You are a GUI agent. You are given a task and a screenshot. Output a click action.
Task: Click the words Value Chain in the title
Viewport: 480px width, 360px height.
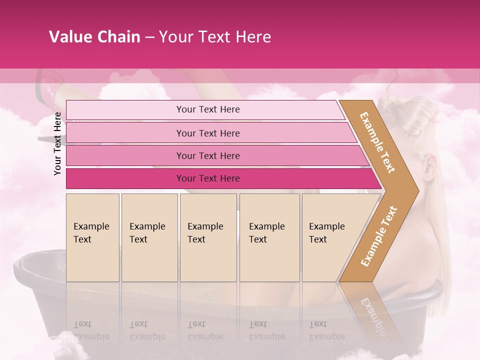(94, 37)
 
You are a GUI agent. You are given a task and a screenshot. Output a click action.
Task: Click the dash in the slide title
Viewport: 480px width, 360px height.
(149, 37)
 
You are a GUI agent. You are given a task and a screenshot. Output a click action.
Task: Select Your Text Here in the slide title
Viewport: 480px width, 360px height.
(215, 37)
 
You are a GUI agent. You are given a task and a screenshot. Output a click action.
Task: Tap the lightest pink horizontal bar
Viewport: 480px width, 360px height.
(205, 109)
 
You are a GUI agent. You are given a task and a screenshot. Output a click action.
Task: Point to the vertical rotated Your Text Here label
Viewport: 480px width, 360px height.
(57, 143)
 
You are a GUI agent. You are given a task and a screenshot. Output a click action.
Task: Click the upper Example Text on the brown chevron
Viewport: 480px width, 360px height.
(377, 142)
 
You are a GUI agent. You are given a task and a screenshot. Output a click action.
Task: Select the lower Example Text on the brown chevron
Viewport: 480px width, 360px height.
(378, 236)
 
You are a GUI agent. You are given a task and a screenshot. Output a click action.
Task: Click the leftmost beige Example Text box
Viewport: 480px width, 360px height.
(92, 237)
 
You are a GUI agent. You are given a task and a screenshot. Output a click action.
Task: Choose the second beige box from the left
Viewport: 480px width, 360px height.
(149, 237)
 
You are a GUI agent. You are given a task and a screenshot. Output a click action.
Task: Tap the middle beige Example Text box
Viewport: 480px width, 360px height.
(208, 237)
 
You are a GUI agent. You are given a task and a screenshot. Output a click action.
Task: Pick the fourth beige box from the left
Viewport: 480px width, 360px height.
(269, 237)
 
